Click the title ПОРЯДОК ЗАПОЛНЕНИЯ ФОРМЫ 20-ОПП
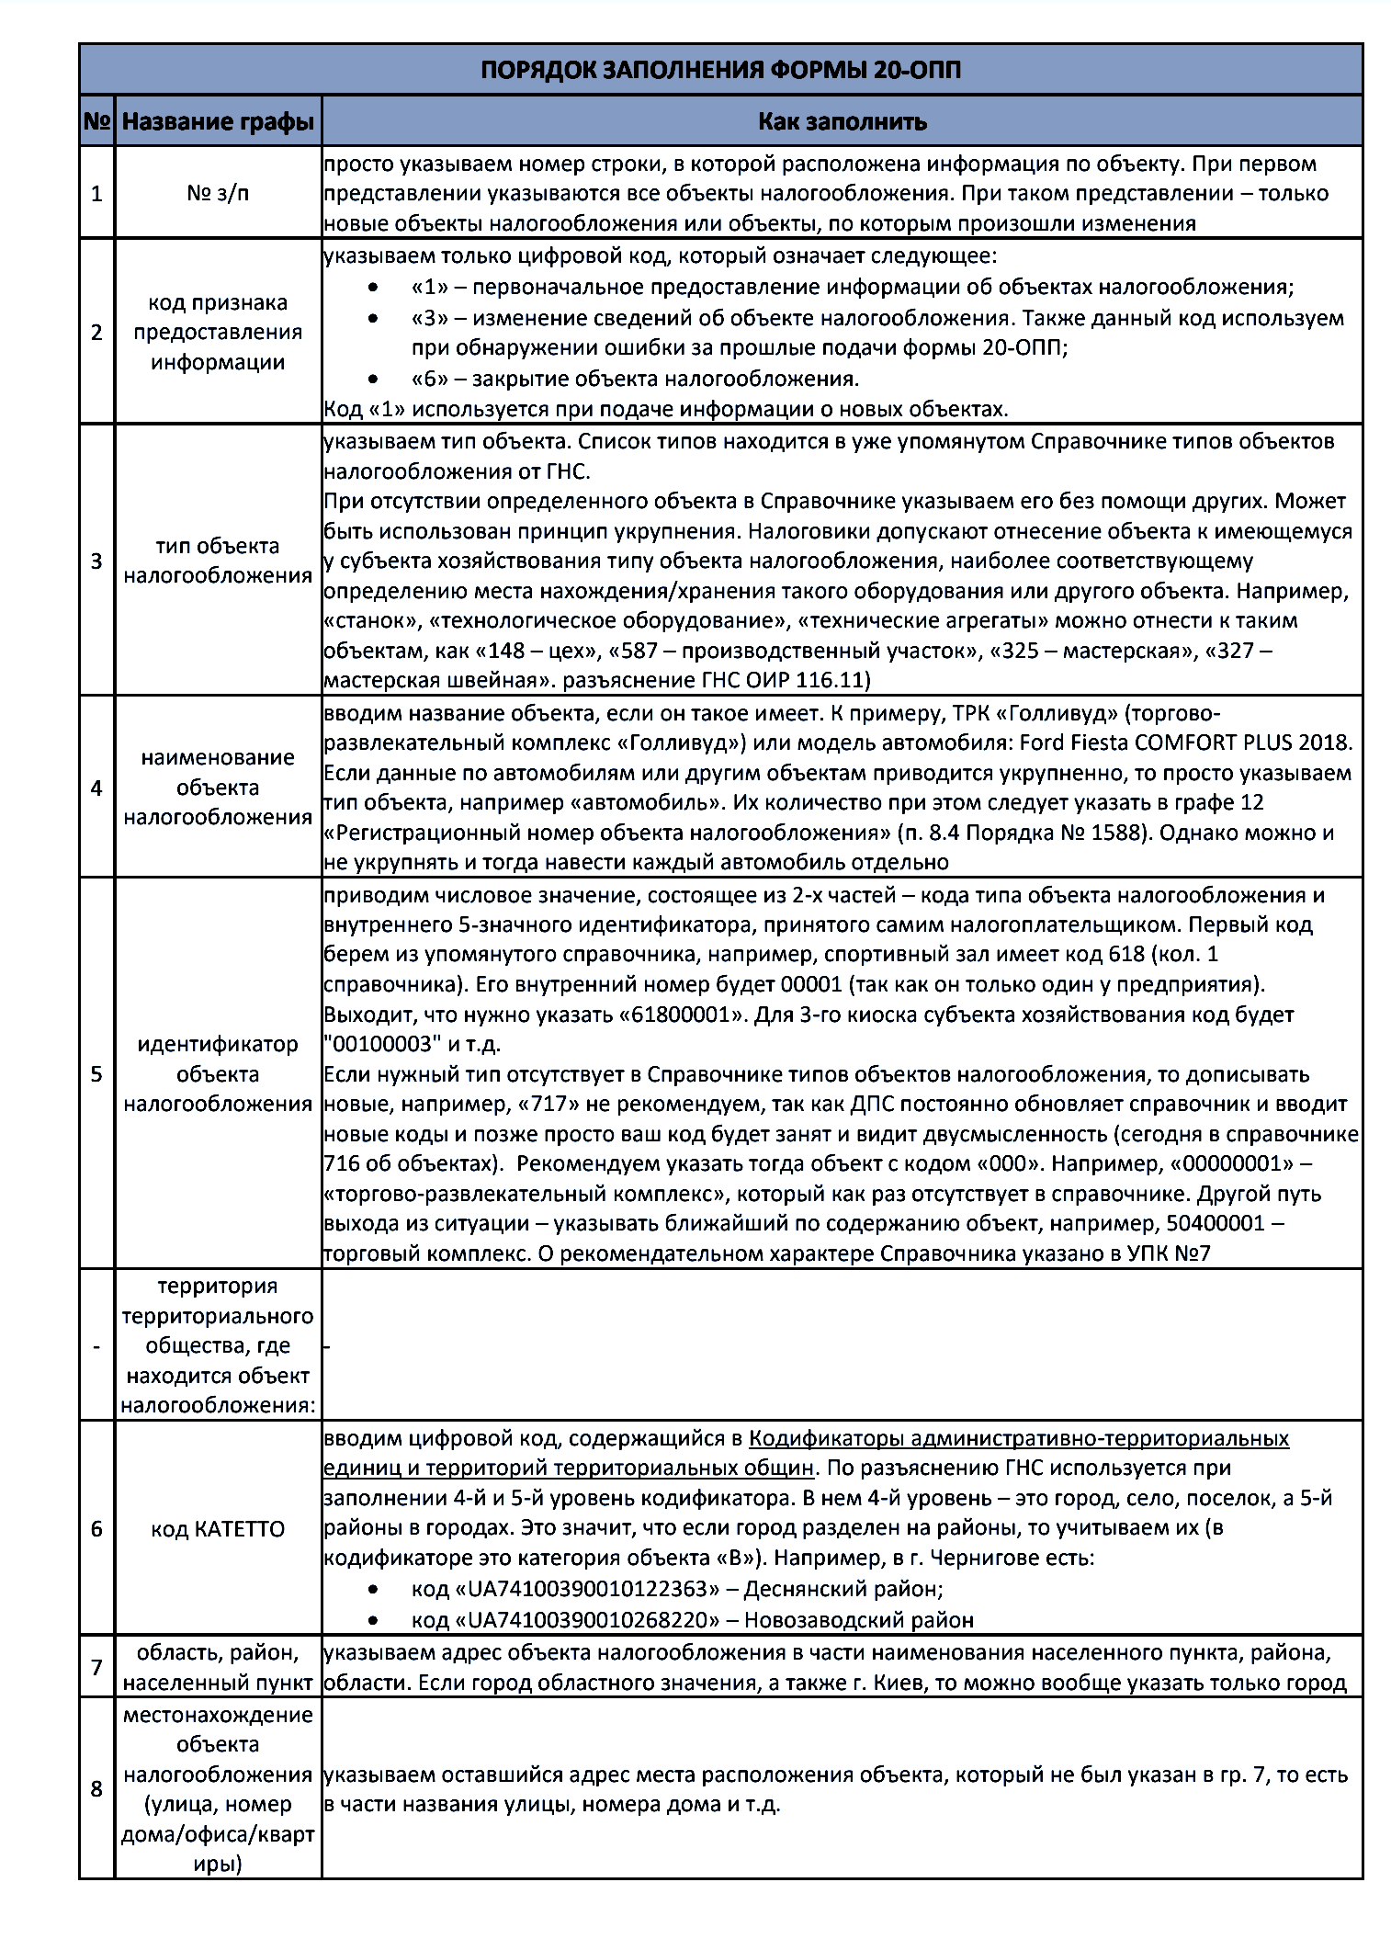(x=720, y=70)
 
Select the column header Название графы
(x=218, y=121)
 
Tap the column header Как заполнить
(x=842, y=121)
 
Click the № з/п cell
(x=218, y=193)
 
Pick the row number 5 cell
(x=96, y=1073)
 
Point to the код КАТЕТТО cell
(x=218, y=1529)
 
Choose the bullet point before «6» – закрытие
(x=372, y=379)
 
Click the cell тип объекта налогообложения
(x=218, y=561)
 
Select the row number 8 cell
(x=96, y=1788)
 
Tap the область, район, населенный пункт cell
(x=218, y=1667)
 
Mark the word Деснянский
(x=809, y=1589)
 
